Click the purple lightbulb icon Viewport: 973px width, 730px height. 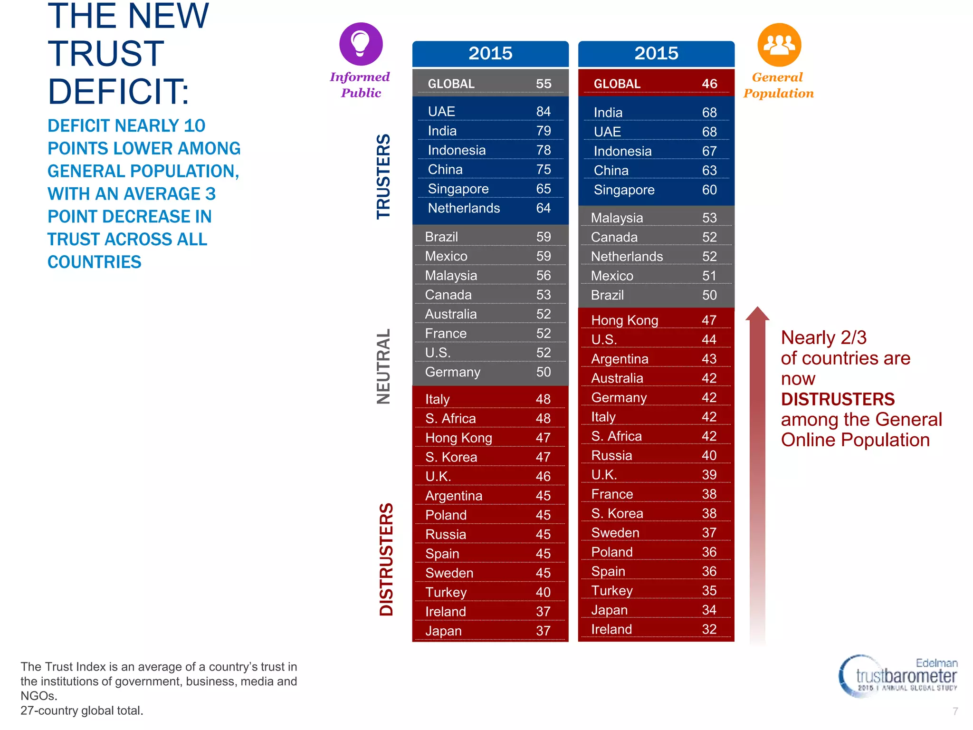pos(361,44)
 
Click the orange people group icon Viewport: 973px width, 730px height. pos(779,45)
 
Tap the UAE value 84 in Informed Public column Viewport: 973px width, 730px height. pos(543,111)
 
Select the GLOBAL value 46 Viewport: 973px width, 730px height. pos(709,84)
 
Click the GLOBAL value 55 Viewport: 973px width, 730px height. pos(544,84)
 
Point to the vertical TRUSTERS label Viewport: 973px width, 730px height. pos(383,176)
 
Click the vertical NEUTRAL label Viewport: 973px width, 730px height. pos(383,366)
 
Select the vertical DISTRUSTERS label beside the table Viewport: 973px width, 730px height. pos(386,559)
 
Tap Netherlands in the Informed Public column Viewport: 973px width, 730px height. pos(464,208)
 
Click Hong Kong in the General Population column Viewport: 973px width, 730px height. pos(624,320)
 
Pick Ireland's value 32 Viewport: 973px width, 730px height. pos(709,629)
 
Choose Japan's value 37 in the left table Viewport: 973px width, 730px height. pos(543,631)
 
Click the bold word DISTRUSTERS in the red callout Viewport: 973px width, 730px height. pos(838,399)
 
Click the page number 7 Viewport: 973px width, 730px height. pos(955,711)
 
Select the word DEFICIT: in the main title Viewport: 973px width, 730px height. pos(119,91)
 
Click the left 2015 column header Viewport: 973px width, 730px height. pos(490,53)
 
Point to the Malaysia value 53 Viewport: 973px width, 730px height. pos(709,218)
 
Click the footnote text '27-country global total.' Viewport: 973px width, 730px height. pos(82,711)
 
